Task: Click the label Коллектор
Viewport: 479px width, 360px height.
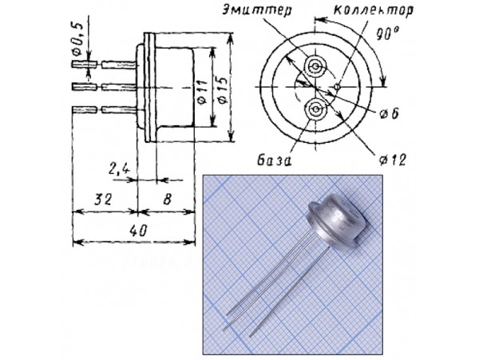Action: click(354, 14)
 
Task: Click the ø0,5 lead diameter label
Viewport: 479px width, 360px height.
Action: click(77, 36)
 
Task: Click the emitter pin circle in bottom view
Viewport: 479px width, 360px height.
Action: click(317, 65)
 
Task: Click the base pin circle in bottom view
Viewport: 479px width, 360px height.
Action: click(316, 109)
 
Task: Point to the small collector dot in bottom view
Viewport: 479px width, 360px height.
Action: click(338, 86)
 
